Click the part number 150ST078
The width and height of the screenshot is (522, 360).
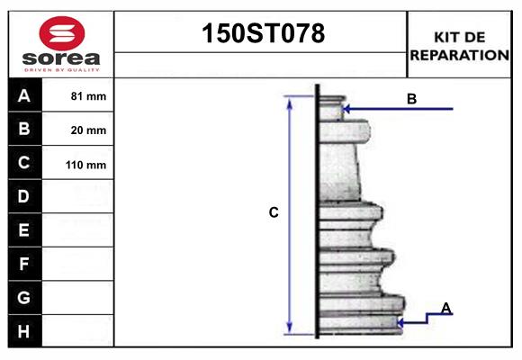point(261,34)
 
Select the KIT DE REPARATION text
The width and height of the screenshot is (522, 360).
point(459,46)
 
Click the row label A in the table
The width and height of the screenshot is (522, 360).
point(24,95)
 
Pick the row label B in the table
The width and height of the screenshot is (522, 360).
point(24,130)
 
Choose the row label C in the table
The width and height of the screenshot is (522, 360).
point(24,164)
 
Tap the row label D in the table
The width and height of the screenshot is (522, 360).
point(24,196)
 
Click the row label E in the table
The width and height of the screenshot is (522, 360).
point(24,230)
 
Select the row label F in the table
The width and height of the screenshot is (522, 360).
point(24,265)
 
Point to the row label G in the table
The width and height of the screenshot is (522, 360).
point(24,297)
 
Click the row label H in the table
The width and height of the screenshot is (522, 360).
point(24,331)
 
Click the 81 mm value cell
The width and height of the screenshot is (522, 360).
point(88,96)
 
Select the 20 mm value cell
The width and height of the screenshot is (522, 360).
point(88,130)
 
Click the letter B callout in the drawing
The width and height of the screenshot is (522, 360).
point(411,99)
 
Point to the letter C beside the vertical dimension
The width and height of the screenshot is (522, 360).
point(274,213)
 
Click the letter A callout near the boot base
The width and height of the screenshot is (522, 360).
point(445,309)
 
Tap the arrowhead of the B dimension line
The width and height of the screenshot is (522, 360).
point(346,109)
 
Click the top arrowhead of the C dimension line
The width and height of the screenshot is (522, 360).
point(290,102)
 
